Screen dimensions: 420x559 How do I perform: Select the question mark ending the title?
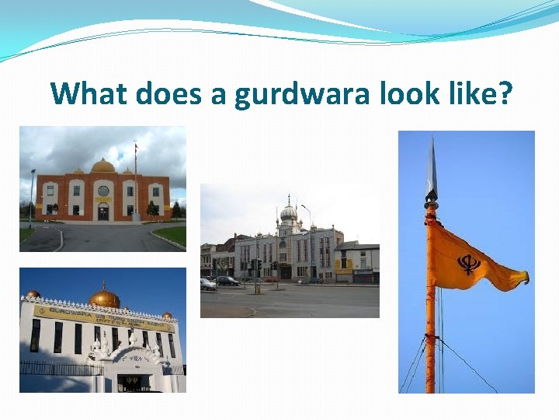[x=505, y=93]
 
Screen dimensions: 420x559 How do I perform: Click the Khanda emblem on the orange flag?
[x=469, y=264]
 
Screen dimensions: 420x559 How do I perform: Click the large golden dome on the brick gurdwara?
[x=102, y=166]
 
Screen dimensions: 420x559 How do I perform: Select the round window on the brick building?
[x=103, y=191]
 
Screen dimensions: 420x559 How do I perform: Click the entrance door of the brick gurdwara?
[x=103, y=212]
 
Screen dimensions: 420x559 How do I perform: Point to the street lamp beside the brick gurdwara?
[x=32, y=194]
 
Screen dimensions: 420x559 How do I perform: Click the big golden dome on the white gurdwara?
[x=104, y=298]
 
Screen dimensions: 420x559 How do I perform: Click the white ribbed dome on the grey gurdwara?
[x=289, y=212]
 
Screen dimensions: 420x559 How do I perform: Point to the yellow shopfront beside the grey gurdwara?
[x=343, y=273]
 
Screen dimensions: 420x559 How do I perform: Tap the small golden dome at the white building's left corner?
[x=33, y=294]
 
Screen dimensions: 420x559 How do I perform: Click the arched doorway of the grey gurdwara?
[x=286, y=271]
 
